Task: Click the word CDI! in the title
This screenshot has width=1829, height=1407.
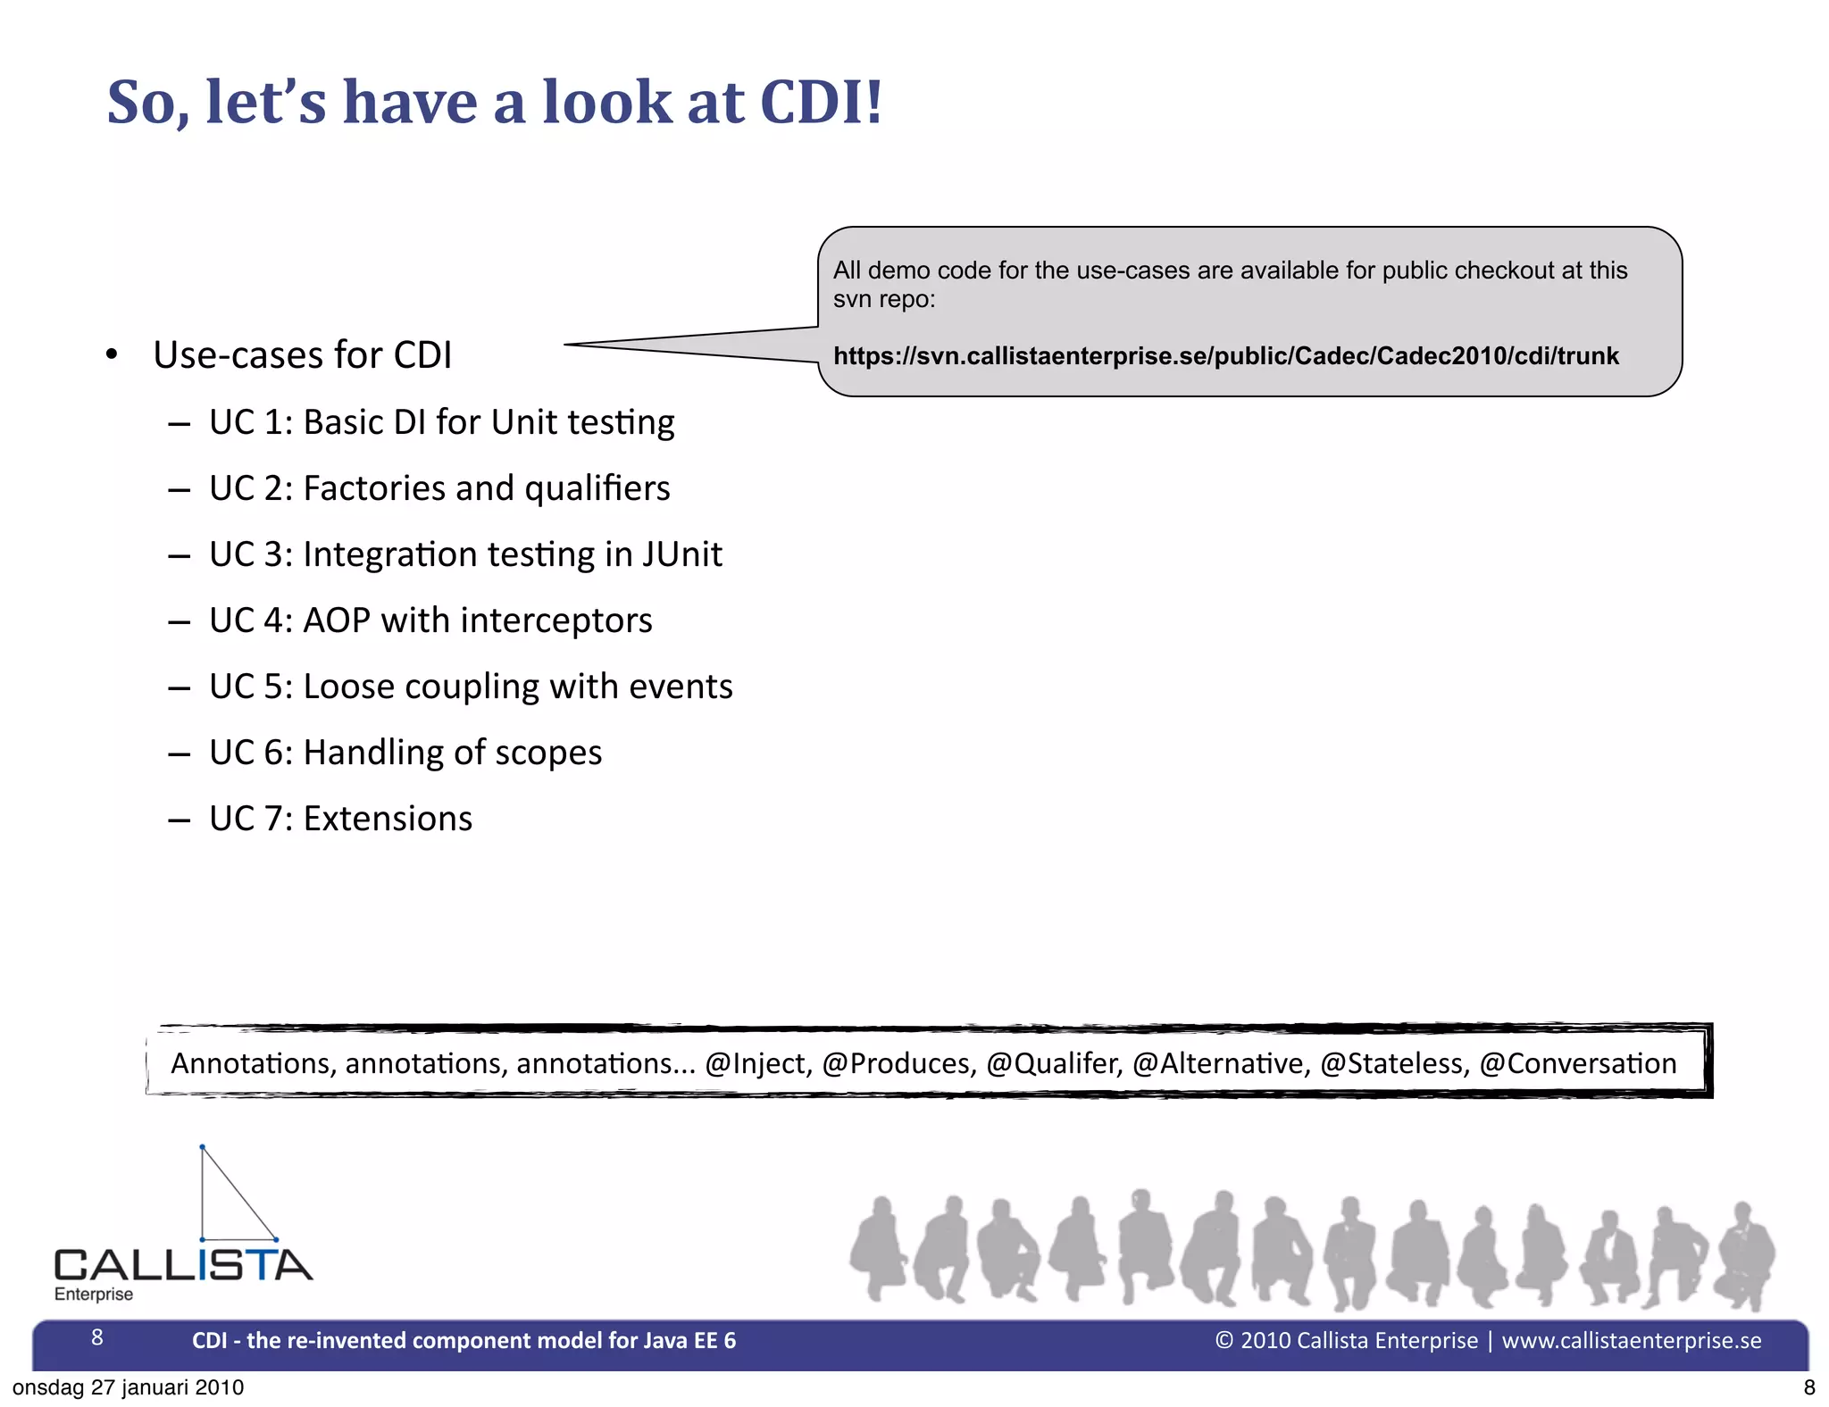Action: coord(820,102)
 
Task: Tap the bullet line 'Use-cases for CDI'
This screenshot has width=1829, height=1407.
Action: coord(302,354)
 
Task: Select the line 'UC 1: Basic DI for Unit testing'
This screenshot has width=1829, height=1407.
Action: coord(441,422)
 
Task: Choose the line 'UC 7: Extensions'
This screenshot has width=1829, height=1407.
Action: coord(340,819)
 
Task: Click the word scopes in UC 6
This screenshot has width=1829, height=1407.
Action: coord(548,753)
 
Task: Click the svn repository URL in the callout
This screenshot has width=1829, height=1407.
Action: coord(1225,356)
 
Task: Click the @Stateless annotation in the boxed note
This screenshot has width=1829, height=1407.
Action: coord(1394,1063)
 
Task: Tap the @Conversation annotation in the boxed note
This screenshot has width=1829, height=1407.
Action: coord(1577,1063)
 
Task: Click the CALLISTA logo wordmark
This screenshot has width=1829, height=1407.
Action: coord(183,1265)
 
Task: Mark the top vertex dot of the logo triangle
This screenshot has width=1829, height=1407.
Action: coord(203,1147)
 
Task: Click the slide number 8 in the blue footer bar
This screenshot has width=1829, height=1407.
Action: coord(97,1337)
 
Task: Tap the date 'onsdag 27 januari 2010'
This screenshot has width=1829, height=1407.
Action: coord(128,1387)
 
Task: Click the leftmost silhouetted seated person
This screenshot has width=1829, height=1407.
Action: coord(879,1248)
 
